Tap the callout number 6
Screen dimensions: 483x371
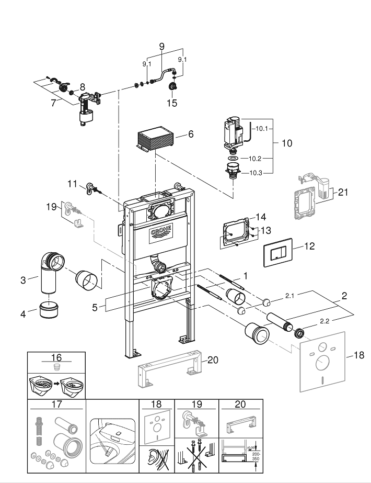click(x=191, y=134)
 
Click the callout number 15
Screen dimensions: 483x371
click(x=172, y=103)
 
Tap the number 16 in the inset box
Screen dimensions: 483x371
click(x=56, y=357)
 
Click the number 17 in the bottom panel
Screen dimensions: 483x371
click(x=56, y=405)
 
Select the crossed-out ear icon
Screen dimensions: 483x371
click(x=156, y=457)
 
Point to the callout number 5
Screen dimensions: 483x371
click(x=95, y=308)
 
